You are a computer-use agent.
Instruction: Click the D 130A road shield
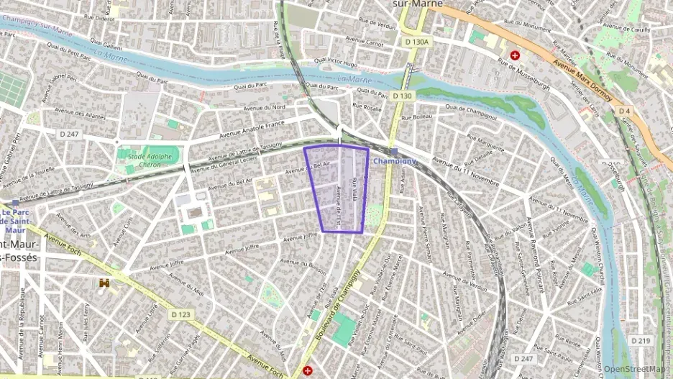click(417, 42)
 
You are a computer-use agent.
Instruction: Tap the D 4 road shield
click(624, 111)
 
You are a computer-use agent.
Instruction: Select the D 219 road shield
click(641, 339)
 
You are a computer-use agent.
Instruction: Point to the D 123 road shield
click(181, 314)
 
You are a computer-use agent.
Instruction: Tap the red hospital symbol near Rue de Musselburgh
click(515, 55)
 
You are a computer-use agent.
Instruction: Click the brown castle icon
click(105, 283)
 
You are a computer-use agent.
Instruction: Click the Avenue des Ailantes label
click(85, 116)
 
